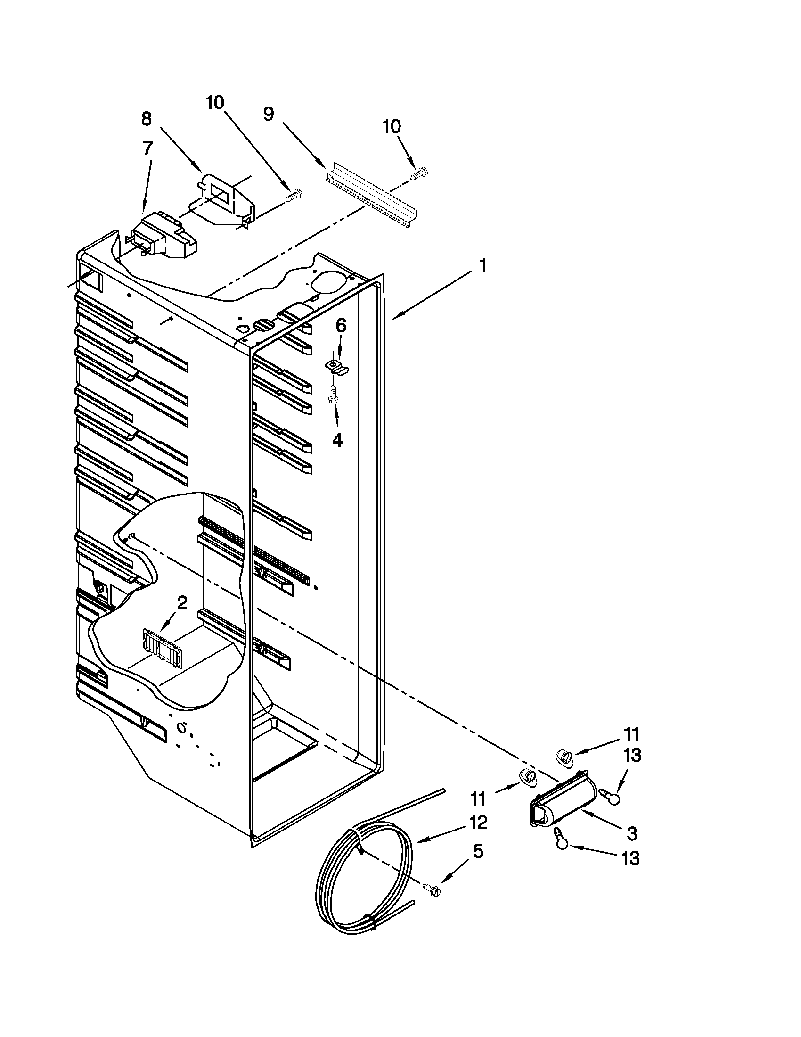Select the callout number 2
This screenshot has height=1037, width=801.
[x=182, y=603]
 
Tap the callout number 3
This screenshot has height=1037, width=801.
[x=631, y=833]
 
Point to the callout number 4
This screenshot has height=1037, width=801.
[x=337, y=440]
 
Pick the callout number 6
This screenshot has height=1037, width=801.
[x=341, y=325]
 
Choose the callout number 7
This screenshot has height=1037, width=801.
[x=147, y=148]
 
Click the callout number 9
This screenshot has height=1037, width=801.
[x=269, y=114]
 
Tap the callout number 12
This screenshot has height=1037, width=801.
[x=478, y=823]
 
